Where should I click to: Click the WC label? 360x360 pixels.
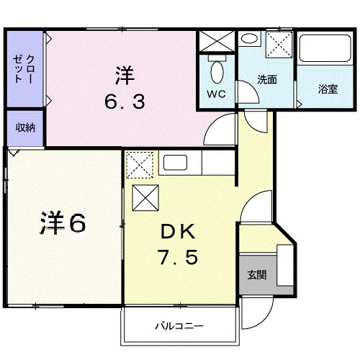217,94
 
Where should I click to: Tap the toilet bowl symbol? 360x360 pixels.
217,71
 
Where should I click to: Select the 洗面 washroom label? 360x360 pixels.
267,79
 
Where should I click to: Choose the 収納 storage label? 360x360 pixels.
27,127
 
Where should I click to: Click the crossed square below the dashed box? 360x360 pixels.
145,197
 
